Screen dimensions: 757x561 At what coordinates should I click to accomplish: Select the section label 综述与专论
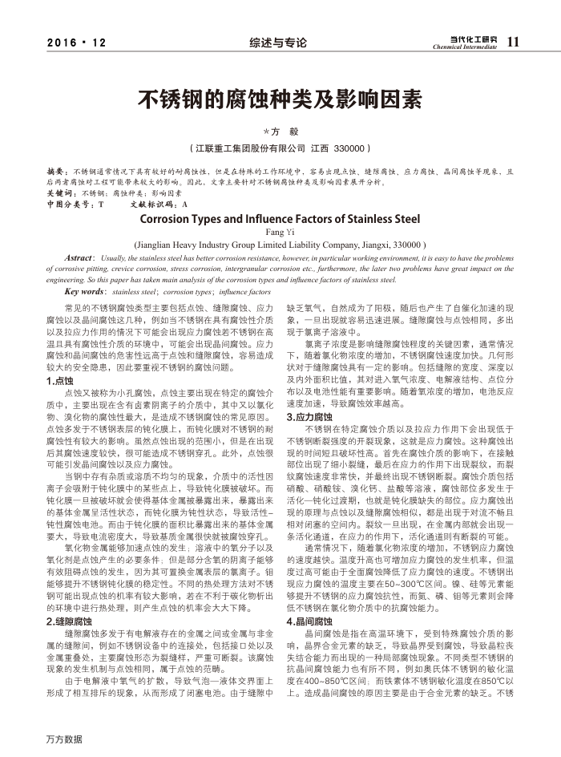(x=278, y=43)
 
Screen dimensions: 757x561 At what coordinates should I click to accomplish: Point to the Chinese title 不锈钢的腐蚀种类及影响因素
(x=280, y=99)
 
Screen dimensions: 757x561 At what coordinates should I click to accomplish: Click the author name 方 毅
(x=281, y=131)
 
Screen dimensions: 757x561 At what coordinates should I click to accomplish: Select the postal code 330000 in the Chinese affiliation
(x=350, y=148)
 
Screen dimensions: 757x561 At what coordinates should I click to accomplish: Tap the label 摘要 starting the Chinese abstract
(x=57, y=172)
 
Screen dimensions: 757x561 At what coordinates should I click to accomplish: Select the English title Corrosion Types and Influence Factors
(x=280, y=217)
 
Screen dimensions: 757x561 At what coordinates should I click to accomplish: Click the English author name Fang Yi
(x=280, y=232)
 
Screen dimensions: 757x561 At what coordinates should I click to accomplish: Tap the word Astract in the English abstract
(x=83, y=258)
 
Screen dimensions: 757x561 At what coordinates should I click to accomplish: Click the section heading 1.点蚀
(x=60, y=382)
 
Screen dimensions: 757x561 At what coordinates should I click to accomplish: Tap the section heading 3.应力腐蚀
(x=309, y=418)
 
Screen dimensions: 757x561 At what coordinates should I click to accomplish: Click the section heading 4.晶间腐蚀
(x=309, y=621)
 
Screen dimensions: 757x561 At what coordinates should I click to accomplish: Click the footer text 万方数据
(x=65, y=739)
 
